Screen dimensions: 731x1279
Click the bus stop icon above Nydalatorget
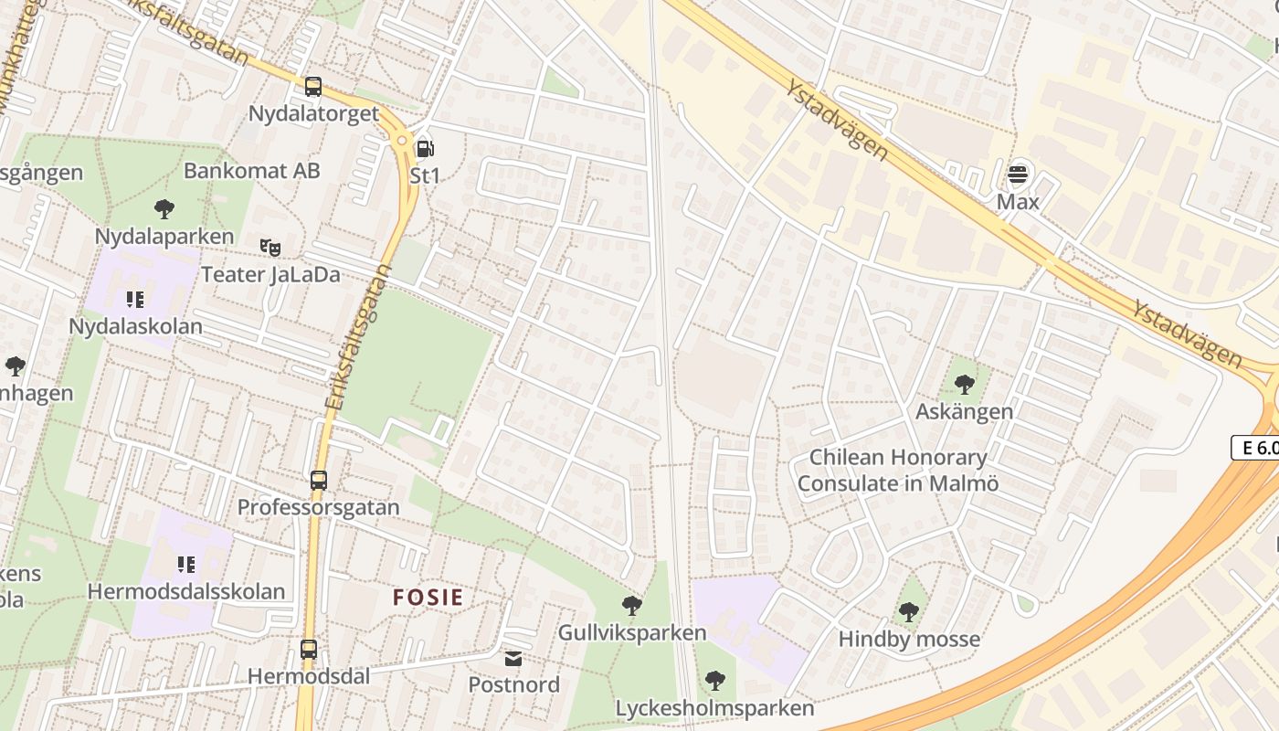click(313, 87)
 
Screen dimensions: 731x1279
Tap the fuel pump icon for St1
click(425, 149)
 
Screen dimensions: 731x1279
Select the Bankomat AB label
click(252, 171)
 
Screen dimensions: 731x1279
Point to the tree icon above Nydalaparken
click(164, 209)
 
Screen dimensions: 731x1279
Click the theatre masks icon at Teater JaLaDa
click(270, 247)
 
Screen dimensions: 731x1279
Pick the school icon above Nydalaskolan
click(135, 299)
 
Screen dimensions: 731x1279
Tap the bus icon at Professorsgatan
click(319, 480)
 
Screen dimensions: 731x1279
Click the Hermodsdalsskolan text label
click(186, 591)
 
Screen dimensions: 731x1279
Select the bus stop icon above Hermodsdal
click(309, 650)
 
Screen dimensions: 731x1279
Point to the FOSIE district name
click(428, 598)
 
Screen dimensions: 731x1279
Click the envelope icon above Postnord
click(513, 658)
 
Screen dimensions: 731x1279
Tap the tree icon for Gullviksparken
click(631, 605)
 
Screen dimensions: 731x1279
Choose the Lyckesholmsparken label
click(714, 708)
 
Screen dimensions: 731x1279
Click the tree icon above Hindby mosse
click(908, 612)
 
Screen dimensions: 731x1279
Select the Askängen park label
click(964, 411)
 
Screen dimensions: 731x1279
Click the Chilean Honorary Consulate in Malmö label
click(898, 471)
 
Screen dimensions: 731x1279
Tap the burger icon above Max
click(1018, 174)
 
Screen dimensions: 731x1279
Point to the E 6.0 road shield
click(1255, 448)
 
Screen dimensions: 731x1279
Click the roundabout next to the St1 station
click(401, 140)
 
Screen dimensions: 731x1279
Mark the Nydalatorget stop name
click(313, 113)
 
